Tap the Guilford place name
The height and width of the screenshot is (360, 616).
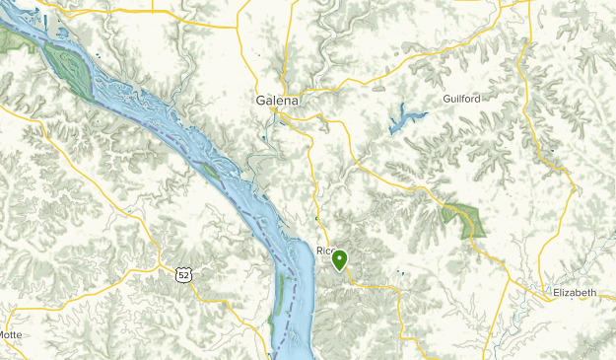click(x=462, y=100)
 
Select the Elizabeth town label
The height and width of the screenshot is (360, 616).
click(x=575, y=293)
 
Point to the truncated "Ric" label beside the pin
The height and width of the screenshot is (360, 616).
click(x=324, y=252)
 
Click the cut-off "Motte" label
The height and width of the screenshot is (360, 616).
click(x=10, y=334)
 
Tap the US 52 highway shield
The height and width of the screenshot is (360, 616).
click(x=184, y=273)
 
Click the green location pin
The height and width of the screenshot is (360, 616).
click(x=340, y=260)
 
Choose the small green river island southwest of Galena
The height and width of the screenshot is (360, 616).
click(x=210, y=171)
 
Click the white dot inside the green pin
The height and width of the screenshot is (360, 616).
click(x=340, y=258)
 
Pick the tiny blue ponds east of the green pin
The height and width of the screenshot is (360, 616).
click(x=399, y=272)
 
